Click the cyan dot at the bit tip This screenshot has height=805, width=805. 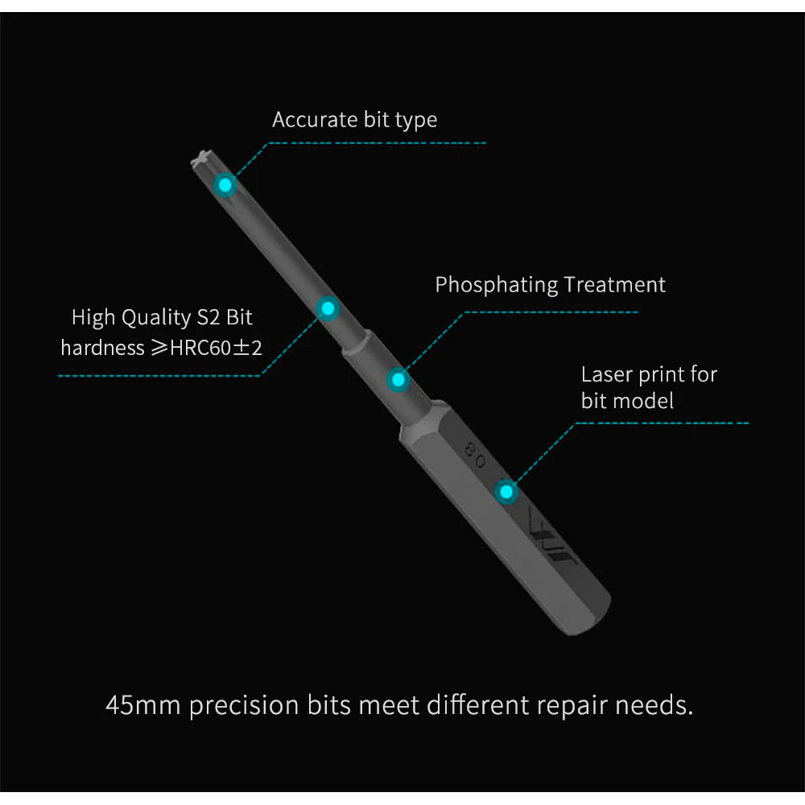(x=225, y=185)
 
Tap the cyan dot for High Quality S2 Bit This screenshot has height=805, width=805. (x=328, y=308)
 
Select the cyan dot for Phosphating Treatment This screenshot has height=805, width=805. (x=398, y=380)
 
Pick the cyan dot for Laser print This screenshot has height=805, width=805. (x=506, y=492)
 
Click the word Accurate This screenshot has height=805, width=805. (x=315, y=120)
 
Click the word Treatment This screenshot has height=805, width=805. (x=614, y=284)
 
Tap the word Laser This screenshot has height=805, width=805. (x=607, y=374)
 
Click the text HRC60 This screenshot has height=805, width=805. (x=200, y=348)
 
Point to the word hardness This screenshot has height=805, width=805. (x=103, y=348)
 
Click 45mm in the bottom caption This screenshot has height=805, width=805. (x=142, y=705)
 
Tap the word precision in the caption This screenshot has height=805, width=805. (x=244, y=706)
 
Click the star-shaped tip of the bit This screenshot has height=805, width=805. (x=201, y=158)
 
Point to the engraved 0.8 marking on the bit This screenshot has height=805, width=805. (x=474, y=454)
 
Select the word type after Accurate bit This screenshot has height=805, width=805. (x=416, y=121)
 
